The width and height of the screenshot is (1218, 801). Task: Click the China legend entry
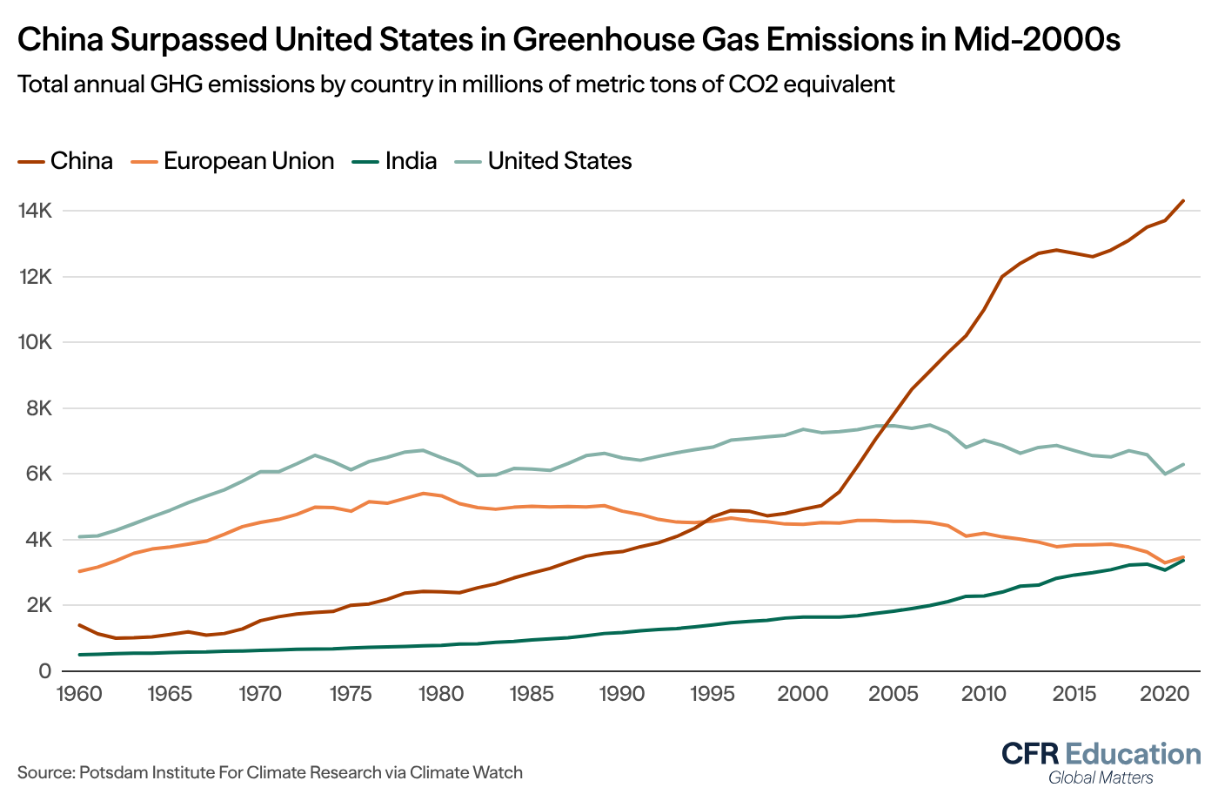[x=81, y=161]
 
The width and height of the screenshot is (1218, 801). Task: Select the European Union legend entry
[x=248, y=161]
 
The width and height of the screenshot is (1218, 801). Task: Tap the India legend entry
[x=411, y=161]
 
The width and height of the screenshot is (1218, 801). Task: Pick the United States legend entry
[x=559, y=161]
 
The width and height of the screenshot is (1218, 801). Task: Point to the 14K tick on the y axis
[x=35, y=211]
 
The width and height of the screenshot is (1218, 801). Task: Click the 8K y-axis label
[x=39, y=408]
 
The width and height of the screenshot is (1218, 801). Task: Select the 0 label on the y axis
[x=44, y=671]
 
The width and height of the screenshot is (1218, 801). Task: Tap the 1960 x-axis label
[x=78, y=694]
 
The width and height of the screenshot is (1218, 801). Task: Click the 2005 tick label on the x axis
[x=893, y=694]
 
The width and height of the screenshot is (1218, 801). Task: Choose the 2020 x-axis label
[x=1165, y=694]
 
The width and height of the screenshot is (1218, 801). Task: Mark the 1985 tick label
[x=531, y=694]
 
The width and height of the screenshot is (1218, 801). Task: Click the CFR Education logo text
[x=1101, y=753]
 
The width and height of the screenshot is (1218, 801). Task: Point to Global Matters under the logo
[x=1101, y=777]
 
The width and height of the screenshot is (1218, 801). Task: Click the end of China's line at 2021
[x=1183, y=201]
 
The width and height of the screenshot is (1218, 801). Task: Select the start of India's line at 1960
[x=79, y=655]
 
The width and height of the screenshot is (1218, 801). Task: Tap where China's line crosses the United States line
[x=887, y=425]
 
